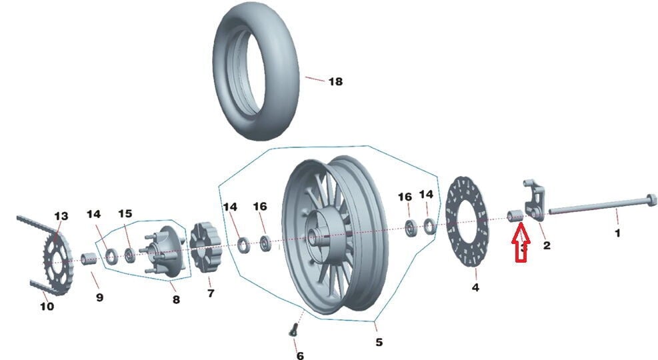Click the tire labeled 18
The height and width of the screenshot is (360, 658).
point(256,74)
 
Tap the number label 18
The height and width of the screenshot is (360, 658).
point(335,81)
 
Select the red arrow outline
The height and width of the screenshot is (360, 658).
point(521,243)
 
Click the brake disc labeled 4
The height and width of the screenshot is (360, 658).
point(467,222)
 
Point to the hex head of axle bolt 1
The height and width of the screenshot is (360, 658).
point(651,200)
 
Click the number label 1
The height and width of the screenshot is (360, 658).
point(617,233)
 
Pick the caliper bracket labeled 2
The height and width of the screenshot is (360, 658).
point(534,201)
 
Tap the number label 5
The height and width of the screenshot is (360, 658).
point(379,342)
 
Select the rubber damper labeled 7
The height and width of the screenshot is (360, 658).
point(205,249)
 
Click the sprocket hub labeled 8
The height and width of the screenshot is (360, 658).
point(163,251)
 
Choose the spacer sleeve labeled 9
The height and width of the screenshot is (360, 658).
point(88,259)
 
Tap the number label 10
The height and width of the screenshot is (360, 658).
point(47,306)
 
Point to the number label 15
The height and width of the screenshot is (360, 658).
point(125,214)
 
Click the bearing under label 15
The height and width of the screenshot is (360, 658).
point(131,255)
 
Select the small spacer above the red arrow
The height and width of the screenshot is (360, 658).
point(515,215)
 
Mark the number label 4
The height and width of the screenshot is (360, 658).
point(475,287)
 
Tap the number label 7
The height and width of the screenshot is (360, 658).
point(211,293)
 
